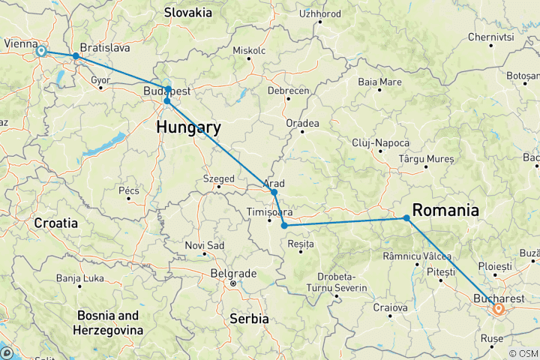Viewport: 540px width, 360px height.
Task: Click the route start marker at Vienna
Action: [x=41, y=51]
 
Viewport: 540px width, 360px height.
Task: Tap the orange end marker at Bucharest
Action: [x=497, y=307]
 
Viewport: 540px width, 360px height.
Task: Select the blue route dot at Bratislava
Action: [x=76, y=56]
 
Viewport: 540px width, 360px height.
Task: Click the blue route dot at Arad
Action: [x=274, y=193]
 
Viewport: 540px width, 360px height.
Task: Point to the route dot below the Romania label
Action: [x=406, y=218]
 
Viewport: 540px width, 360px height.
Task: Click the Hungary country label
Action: [x=188, y=127]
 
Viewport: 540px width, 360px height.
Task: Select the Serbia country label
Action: [x=250, y=319]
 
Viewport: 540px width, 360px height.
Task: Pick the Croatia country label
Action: [x=55, y=223]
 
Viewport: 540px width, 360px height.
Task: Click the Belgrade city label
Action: [x=233, y=273]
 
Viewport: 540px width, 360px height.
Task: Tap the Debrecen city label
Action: [x=289, y=90]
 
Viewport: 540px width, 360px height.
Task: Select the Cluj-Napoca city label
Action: [x=381, y=142]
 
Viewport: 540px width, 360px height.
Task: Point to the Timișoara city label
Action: [x=268, y=211]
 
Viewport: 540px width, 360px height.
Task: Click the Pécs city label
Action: [x=128, y=191]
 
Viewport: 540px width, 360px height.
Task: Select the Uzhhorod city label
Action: [x=319, y=13]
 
